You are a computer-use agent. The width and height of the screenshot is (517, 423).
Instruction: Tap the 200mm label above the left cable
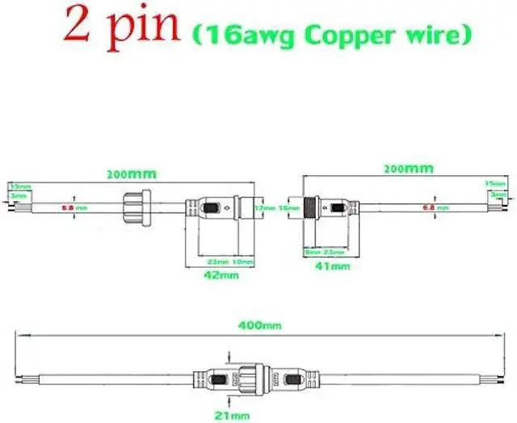132,174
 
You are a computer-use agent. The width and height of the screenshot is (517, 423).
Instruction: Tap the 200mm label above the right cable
408,169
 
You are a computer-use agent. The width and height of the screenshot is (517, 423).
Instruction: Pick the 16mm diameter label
285,207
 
